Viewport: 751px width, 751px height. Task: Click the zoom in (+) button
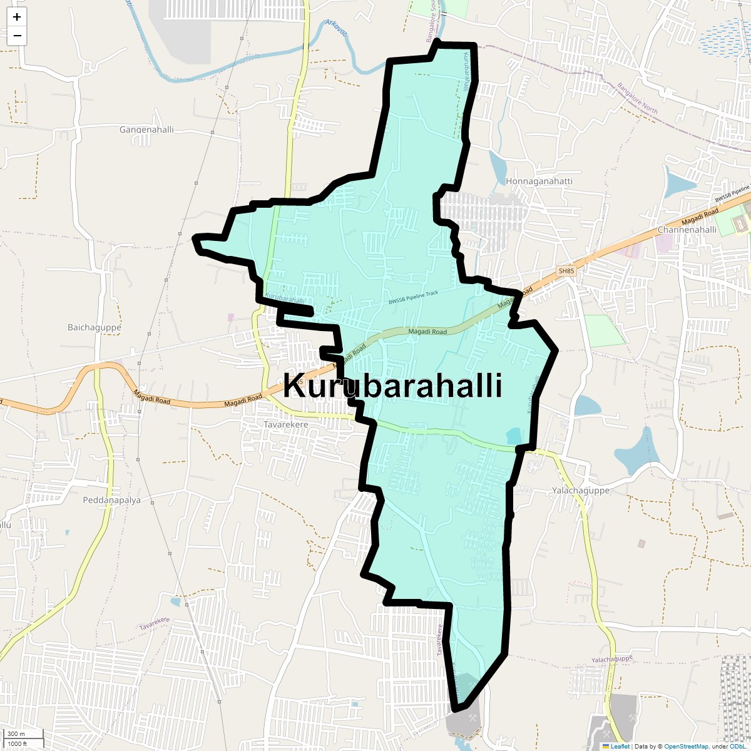17,18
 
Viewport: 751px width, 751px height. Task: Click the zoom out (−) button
17,36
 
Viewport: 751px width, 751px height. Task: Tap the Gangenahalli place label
146,130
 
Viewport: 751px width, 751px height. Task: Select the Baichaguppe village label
95,327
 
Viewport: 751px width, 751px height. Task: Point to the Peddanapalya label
112,500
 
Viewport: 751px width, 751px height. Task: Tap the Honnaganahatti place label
539,181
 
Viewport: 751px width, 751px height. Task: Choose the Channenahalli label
687,230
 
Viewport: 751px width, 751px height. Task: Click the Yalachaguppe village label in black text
581,491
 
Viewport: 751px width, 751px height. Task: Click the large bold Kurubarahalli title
392,386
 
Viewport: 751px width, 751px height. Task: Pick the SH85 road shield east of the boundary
566,271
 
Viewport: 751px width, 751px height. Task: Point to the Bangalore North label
637,98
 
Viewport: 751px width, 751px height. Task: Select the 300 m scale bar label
17,733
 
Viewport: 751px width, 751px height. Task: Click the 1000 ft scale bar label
17,743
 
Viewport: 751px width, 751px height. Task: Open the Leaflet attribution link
620,746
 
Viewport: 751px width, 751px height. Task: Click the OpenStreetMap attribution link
686,746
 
